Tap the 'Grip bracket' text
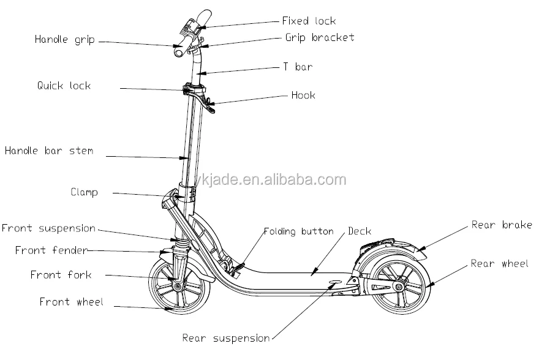coord(319,37)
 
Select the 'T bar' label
coord(297,67)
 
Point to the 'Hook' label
coord(303,96)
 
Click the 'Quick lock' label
coord(63,86)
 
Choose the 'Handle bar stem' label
coord(49,150)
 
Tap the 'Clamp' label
coord(84,192)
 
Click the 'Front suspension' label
coord(48,228)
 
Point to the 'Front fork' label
coord(61,275)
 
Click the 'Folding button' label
coord(298,231)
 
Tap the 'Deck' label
coord(360,231)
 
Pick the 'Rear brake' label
coord(502,225)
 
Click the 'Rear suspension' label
coord(225,338)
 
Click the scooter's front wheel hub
coord(176,287)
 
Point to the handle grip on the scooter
coord(179,48)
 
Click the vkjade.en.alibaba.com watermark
coord(287,180)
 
